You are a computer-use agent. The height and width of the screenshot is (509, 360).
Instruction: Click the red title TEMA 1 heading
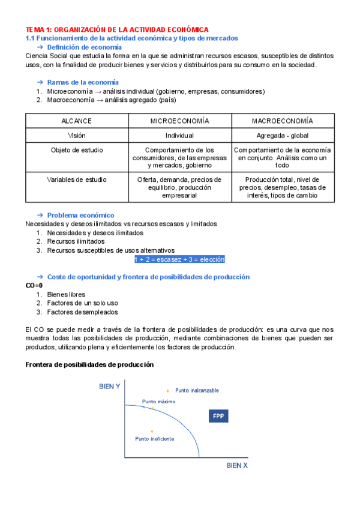click(117, 29)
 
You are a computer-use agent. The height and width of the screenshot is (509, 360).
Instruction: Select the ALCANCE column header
click(77, 121)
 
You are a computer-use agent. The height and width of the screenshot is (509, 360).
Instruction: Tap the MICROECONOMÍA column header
click(179, 121)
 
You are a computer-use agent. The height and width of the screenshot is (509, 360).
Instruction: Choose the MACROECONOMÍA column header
click(282, 121)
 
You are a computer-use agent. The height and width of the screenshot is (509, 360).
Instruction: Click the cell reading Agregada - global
click(282, 136)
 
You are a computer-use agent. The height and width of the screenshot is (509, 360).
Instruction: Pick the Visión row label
click(77, 136)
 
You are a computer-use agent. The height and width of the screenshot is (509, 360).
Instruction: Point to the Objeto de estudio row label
click(77, 150)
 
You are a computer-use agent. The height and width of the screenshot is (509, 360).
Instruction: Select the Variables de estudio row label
click(77, 179)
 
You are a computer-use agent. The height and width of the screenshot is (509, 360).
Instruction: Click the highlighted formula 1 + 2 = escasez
click(179, 259)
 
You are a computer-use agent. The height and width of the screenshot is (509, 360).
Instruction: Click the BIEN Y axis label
click(110, 387)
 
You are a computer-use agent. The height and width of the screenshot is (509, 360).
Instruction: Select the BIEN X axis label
click(237, 465)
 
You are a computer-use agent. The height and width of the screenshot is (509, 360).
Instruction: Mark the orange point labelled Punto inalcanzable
click(167, 391)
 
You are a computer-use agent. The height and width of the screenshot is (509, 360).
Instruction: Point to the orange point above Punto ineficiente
click(152, 431)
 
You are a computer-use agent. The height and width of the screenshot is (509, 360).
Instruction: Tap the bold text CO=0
click(34, 286)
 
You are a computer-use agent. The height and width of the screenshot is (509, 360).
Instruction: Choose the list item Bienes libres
click(66, 295)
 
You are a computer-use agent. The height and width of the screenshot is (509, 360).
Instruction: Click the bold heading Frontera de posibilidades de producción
click(89, 364)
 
